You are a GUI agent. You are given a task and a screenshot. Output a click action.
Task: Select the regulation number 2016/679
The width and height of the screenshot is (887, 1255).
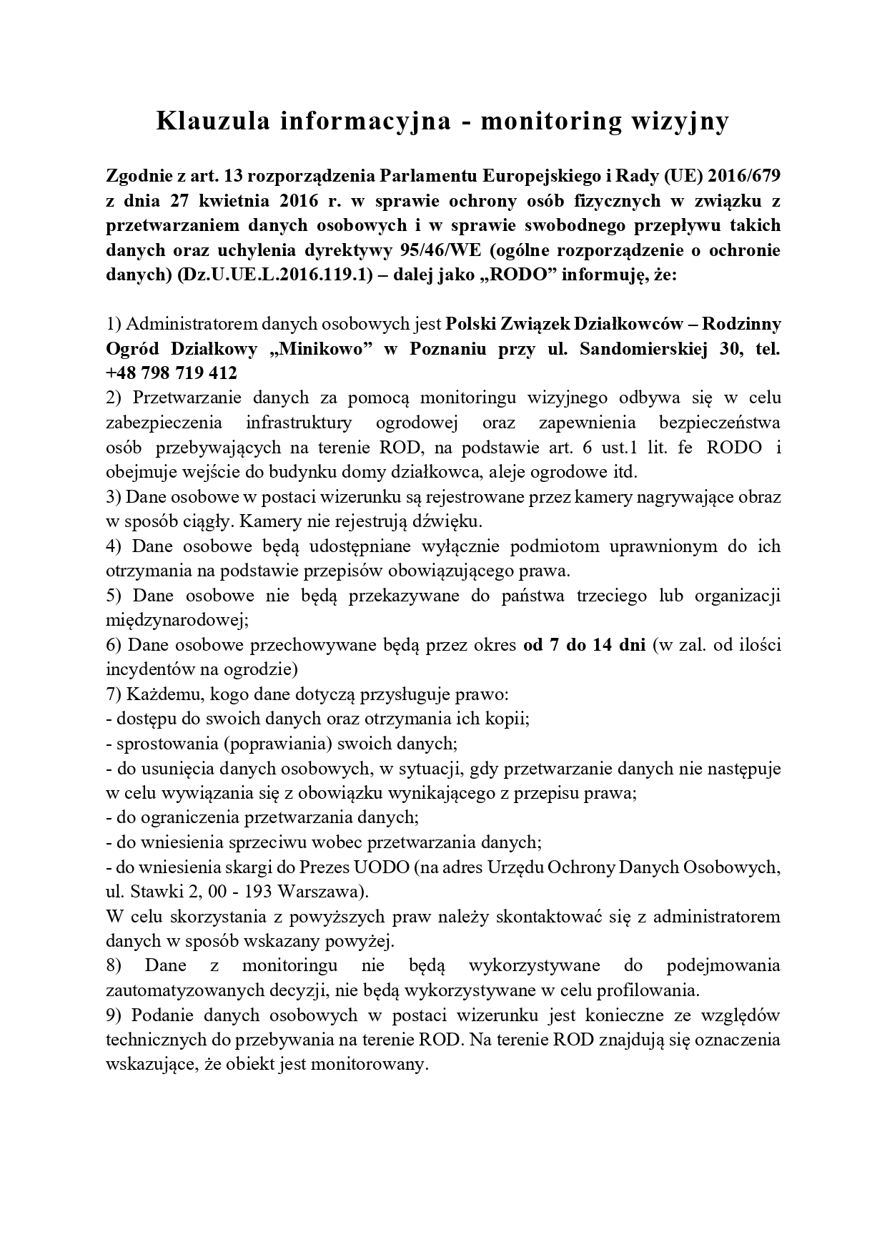(x=745, y=175)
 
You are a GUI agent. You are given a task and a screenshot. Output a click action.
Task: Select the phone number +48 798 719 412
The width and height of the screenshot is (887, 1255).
(x=171, y=373)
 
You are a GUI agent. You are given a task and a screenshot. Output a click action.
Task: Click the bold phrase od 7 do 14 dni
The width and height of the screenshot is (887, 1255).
(x=584, y=644)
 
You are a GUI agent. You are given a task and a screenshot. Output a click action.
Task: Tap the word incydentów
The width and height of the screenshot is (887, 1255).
(x=149, y=669)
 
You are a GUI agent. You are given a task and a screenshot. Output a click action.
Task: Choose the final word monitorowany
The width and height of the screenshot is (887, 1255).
(x=372, y=1065)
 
